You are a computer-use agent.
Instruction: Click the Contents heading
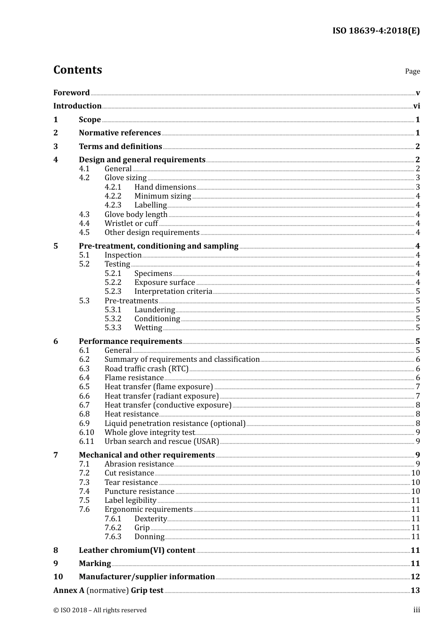point(77,70)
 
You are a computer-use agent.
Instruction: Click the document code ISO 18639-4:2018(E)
point(375,31)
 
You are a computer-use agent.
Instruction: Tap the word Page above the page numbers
point(412,71)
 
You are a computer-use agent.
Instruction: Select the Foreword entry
point(71,92)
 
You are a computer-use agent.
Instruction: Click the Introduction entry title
point(77,106)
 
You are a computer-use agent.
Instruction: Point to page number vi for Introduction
point(416,106)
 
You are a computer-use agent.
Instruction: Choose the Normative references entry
point(120,133)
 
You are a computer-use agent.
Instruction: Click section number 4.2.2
point(113,196)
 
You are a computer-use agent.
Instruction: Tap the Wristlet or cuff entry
point(131,223)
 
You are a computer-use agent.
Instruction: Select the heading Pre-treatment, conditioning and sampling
point(158,246)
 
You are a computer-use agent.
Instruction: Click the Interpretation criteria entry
point(173,291)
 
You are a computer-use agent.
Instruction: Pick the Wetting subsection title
point(148,327)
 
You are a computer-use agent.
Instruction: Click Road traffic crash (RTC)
point(146,368)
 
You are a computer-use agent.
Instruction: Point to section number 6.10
point(86,432)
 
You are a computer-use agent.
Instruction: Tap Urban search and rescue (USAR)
point(162,441)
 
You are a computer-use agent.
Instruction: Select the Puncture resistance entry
point(139,491)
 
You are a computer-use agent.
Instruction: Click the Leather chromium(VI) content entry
point(137,550)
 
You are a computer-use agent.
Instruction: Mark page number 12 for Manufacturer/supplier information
point(415,576)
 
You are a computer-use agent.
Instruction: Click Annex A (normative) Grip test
point(108,590)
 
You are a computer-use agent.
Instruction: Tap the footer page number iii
point(416,610)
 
